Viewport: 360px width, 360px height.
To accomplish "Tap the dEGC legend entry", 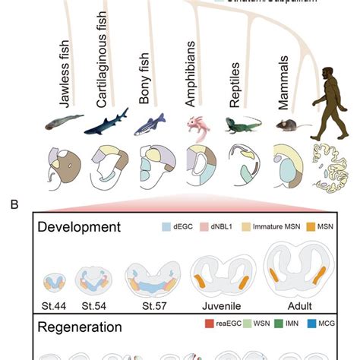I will (181, 226).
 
